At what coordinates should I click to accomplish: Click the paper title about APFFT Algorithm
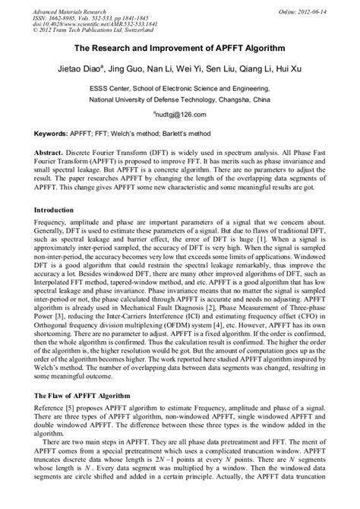pos(179,48)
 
